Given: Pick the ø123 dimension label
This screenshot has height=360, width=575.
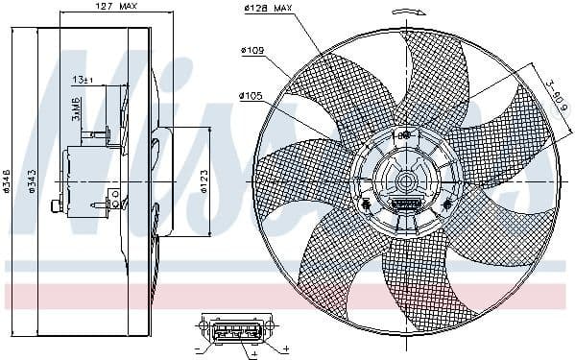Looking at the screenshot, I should click(x=204, y=182).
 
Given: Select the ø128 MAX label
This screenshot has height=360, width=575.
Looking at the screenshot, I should click(x=268, y=9).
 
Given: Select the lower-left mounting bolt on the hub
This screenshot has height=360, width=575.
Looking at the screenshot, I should click(x=366, y=204).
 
